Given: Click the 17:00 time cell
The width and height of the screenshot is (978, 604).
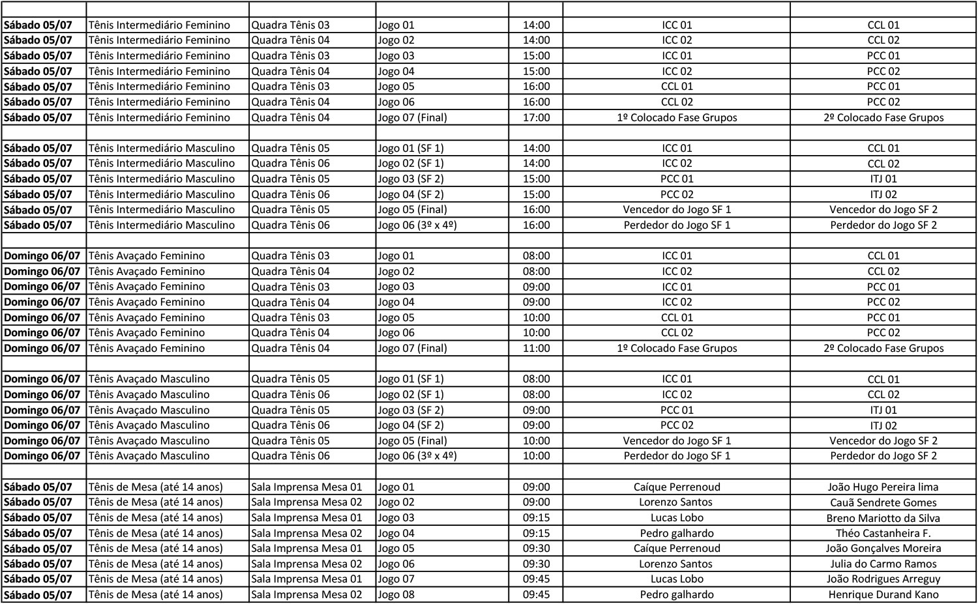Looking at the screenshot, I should (536, 117).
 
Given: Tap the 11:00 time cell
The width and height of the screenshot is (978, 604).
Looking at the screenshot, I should (536, 348).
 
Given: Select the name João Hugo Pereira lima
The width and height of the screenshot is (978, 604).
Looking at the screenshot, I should (883, 487).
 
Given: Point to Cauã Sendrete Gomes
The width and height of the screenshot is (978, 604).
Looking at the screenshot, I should (883, 502).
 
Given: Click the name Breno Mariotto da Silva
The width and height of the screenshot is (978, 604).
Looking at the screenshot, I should (883, 518).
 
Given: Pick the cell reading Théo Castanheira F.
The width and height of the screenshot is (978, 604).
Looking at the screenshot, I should (883, 533).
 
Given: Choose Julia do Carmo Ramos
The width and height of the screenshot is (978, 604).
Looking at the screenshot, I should (883, 564).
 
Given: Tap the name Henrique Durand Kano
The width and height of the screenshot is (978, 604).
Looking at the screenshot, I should (883, 594).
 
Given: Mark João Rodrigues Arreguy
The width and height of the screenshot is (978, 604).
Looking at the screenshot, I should (883, 579).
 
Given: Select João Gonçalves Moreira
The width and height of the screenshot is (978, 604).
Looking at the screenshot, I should (883, 549).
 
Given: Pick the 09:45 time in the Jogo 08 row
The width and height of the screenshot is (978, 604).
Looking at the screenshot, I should (536, 594).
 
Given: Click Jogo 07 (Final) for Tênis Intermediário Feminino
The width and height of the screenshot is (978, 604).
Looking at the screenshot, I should (412, 117).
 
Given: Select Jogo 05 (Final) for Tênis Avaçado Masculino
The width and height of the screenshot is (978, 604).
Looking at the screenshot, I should (412, 440).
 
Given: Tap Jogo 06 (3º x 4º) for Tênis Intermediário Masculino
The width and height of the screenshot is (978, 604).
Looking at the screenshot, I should (417, 225).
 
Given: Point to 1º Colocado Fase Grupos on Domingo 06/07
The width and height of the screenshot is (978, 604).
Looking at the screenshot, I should (677, 348).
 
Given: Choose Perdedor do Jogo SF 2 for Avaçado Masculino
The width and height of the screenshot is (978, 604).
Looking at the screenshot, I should (883, 455).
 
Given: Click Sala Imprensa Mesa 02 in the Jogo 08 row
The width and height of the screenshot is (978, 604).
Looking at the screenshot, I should (306, 594).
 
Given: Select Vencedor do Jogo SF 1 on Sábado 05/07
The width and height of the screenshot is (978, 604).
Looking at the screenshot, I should (677, 209).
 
